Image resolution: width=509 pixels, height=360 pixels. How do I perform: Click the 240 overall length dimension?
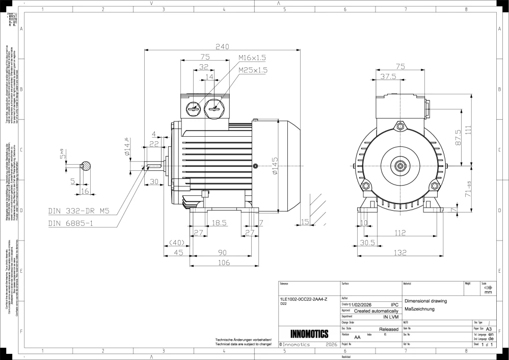click(x=222, y=46)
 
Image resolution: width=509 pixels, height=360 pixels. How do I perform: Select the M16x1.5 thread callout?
click(x=252, y=58)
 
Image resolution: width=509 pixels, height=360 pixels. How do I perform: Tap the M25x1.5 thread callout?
click(x=252, y=70)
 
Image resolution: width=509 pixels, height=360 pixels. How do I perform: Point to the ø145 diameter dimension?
click(x=276, y=167)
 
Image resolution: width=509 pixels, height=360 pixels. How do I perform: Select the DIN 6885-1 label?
click(x=71, y=223)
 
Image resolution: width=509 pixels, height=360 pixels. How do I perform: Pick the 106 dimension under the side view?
click(x=224, y=263)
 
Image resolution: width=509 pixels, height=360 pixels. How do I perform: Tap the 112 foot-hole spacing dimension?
click(x=400, y=234)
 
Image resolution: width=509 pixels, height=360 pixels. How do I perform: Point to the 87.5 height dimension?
click(x=458, y=138)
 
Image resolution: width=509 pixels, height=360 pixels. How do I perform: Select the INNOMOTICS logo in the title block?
click(x=309, y=334)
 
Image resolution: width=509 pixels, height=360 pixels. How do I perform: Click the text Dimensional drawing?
click(x=425, y=301)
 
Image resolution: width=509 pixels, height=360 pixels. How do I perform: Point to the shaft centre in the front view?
click(x=400, y=165)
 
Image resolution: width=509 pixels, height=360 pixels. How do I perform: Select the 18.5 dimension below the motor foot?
click(x=219, y=223)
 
